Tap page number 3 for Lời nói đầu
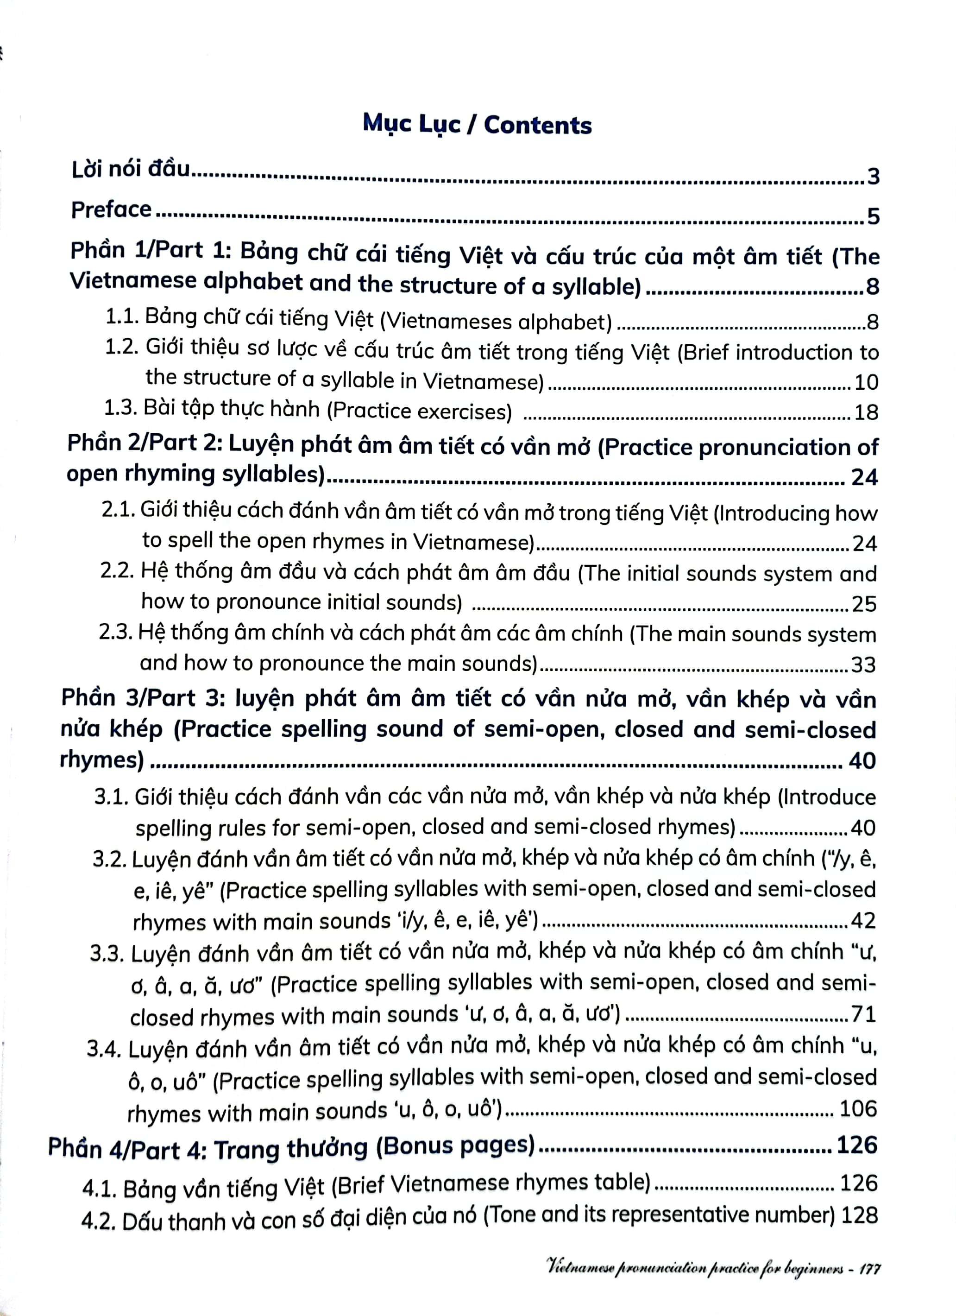873,176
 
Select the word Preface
111,209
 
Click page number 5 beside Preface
873,216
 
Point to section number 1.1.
122,317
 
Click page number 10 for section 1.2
866,382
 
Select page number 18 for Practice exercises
866,412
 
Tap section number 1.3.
120,407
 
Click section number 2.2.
117,570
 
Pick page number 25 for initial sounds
864,604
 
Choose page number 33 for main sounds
863,664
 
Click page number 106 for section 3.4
858,1109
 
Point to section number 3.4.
104,1049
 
